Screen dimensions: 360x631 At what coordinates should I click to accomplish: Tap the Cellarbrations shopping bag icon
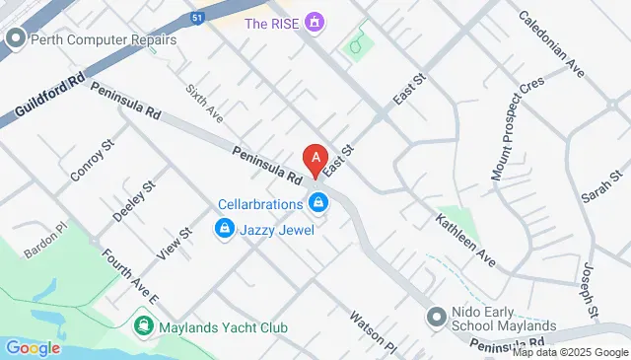[x=317, y=204]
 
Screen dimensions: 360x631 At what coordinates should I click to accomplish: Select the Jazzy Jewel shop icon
[x=224, y=230]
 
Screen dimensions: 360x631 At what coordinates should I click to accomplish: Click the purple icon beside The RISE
[x=315, y=22]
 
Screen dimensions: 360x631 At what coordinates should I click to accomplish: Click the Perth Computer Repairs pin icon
[x=15, y=40]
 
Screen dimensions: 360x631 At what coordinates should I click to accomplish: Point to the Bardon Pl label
[x=44, y=247]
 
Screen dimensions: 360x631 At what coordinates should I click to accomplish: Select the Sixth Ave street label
[x=205, y=101]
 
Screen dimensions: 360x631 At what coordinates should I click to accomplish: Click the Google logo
[x=33, y=347]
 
